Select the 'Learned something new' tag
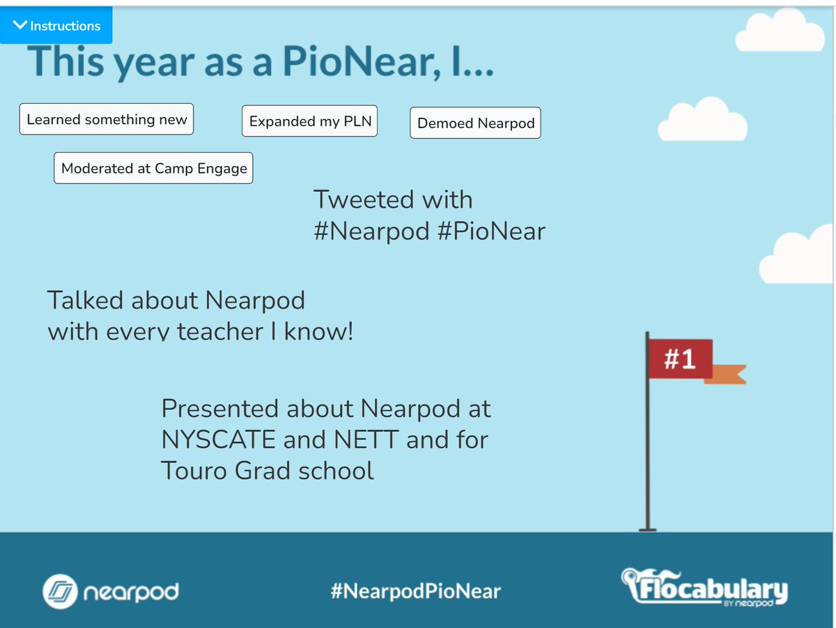107,119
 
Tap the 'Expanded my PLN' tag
310,121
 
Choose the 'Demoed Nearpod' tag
476,123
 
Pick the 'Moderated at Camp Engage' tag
154,168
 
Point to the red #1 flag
680,358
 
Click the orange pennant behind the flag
728,374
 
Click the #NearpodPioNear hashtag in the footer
416,592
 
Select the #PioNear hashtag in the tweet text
491,231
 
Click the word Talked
85,300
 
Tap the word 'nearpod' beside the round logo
132,593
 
